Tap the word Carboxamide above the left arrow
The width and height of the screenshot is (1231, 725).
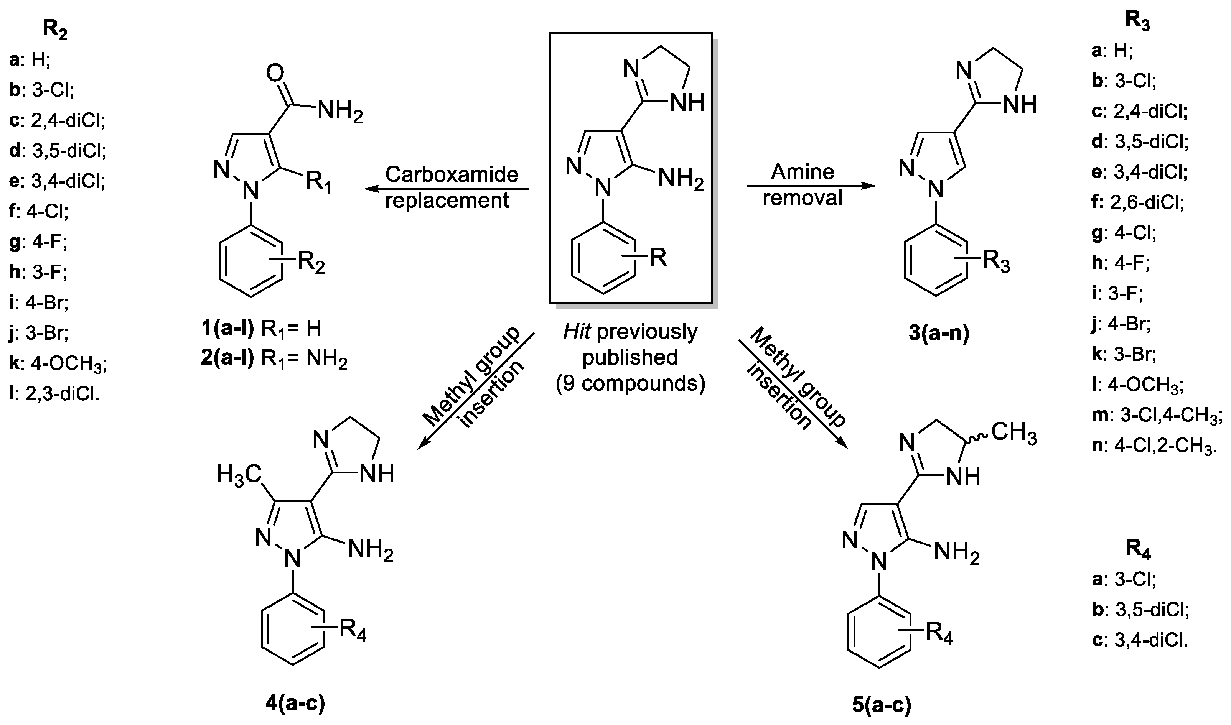(x=452, y=174)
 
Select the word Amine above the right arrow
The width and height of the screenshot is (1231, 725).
(x=803, y=171)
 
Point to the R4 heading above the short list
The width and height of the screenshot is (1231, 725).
(x=1138, y=550)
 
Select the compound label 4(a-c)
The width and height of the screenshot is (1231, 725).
(x=295, y=704)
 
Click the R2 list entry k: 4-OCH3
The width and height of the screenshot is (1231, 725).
(x=58, y=363)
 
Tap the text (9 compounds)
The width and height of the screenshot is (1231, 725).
(x=630, y=383)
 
